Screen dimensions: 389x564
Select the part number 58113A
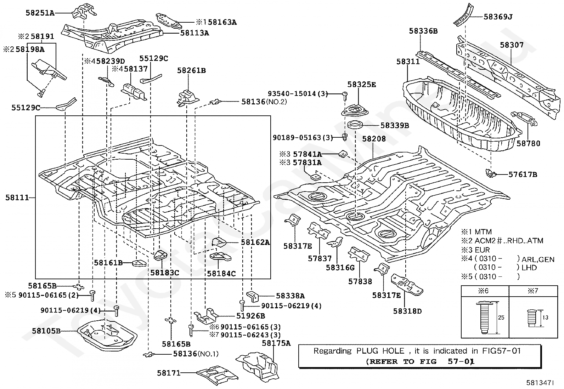point(194,33)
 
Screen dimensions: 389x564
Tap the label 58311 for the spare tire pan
point(408,62)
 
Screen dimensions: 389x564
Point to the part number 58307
point(512,45)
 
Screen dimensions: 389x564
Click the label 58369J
point(498,17)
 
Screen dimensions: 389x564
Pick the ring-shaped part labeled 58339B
point(356,125)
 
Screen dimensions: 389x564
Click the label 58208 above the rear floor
point(374,139)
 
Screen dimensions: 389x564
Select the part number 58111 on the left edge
point(17,198)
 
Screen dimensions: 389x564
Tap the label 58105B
point(46,331)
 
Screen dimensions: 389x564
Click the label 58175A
point(276,343)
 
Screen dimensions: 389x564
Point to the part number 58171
point(169,373)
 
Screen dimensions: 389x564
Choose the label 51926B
point(250,316)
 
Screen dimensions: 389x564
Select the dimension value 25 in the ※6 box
point(501,318)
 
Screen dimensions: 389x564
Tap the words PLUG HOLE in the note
point(380,351)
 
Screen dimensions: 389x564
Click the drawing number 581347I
point(540,383)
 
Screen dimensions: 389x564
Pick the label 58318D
point(407,311)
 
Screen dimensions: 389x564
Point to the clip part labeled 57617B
point(490,173)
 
